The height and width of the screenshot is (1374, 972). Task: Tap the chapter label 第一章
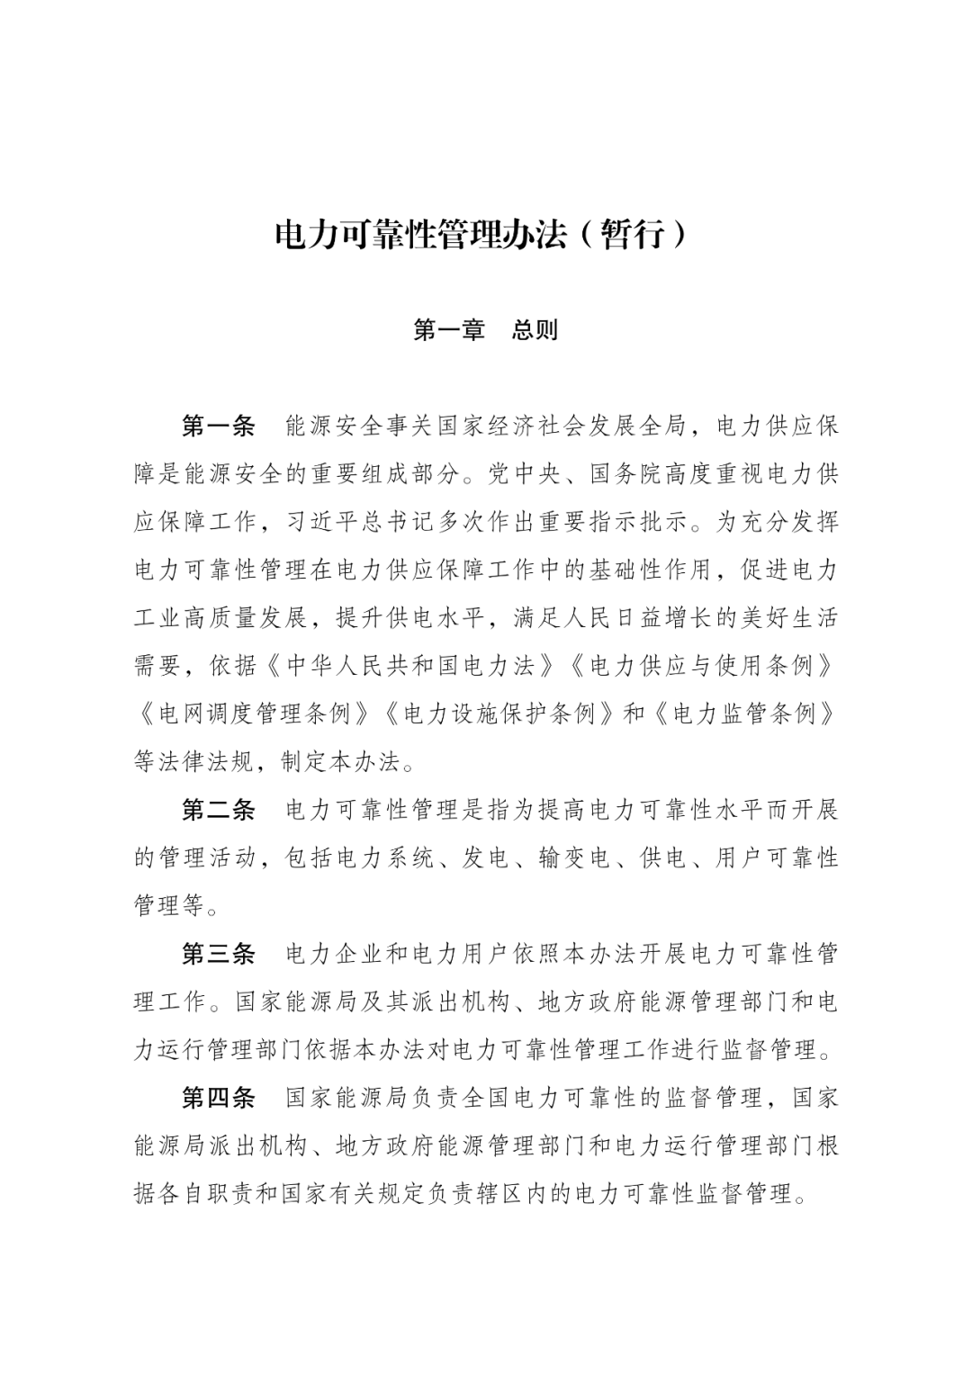click(x=448, y=330)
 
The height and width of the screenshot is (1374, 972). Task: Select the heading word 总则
click(x=535, y=330)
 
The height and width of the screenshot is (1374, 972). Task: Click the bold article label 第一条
click(x=219, y=426)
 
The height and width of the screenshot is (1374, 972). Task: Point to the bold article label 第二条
click(x=219, y=810)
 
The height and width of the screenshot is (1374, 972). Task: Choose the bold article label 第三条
click(x=219, y=954)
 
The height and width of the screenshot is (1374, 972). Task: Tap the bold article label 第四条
click(x=219, y=1098)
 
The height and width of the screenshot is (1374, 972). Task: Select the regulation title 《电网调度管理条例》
click(x=252, y=714)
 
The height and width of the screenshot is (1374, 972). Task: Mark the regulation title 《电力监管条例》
click(x=742, y=714)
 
